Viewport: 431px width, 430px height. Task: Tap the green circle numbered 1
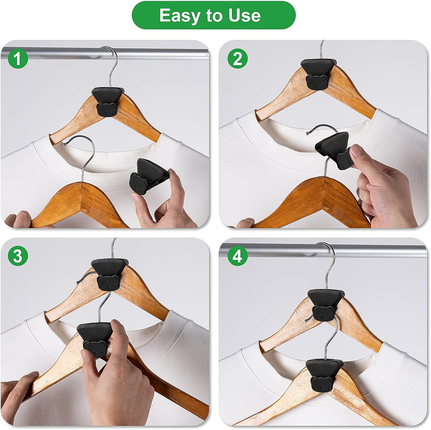pyautogui.click(x=18, y=58)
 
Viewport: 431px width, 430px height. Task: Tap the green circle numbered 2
pyautogui.click(x=238, y=58)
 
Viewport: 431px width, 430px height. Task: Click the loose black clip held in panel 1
pyautogui.click(x=148, y=176)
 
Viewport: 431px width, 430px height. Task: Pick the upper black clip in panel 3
pyautogui.click(x=109, y=274)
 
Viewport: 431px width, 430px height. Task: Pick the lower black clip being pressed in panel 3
pyautogui.click(x=95, y=339)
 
